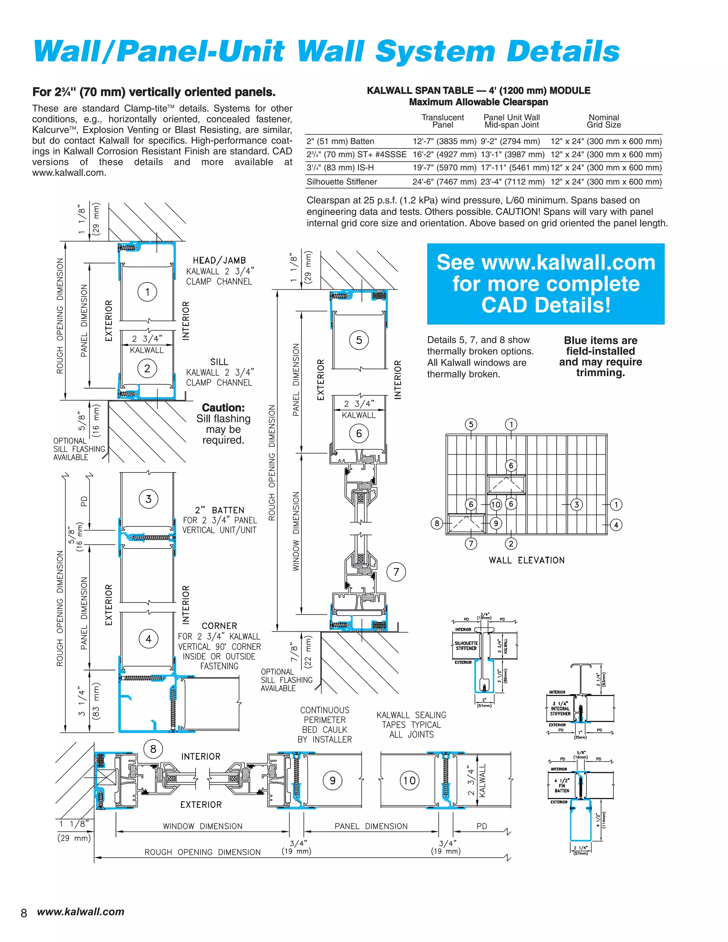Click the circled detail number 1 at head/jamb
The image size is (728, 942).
(147, 292)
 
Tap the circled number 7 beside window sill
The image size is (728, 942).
(396, 572)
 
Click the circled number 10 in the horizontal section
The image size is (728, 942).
(409, 780)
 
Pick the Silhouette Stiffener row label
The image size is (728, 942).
(342, 182)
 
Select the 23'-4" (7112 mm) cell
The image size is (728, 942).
(512, 182)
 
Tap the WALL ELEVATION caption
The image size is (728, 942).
(526, 560)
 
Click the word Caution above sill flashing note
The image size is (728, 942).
(223, 408)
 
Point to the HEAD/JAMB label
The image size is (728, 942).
(219, 261)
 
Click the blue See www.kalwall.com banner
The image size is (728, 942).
(546, 284)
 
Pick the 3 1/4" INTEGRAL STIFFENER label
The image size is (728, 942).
(560, 709)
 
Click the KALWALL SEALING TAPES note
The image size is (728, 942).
(411, 724)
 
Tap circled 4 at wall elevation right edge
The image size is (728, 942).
(616, 525)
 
